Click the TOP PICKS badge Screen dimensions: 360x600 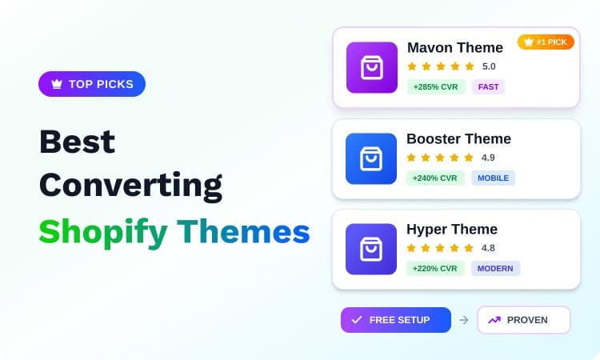point(92,84)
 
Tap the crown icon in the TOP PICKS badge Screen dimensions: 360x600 point(57,84)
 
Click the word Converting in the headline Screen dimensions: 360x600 point(131,186)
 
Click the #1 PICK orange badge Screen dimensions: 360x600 point(546,42)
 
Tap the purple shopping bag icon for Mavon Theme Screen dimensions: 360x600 point(371,67)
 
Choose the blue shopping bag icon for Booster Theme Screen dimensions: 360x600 point(371,158)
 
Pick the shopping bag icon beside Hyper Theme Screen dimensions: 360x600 point(371,249)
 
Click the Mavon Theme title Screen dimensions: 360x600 point(454,47)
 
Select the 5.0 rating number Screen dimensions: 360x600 point(489,66)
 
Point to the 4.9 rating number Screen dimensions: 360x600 point(488,158)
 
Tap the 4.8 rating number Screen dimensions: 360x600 point(488,248)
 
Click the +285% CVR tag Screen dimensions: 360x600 point(435,86)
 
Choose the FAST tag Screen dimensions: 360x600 point(488,86)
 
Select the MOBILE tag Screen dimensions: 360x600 point(493,178)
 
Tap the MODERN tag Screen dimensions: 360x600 point(495,268)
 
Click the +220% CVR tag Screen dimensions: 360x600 point(435,268)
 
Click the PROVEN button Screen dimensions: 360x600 point(524,320)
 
